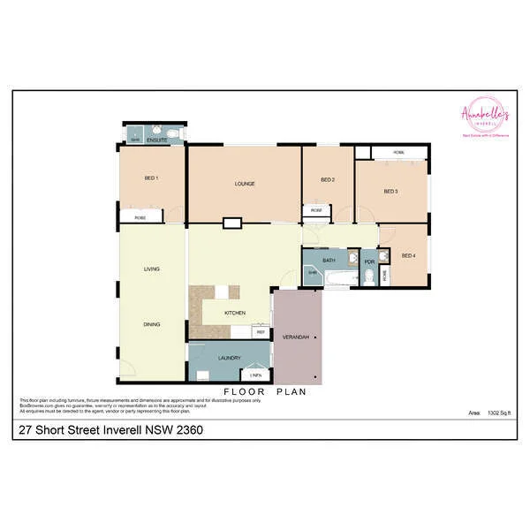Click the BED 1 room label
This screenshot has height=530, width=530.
[151, 178]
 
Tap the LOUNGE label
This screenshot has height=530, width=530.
[245, 184]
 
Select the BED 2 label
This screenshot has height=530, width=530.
[327, 180]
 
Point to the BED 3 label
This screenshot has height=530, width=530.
[390, 192]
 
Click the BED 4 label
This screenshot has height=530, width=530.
[407, 256]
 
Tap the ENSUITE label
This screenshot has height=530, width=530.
[157, 140]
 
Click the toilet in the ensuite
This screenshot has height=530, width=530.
[176, 133]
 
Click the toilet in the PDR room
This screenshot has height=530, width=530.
[368, 276]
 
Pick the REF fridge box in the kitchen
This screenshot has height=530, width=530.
[261, 332]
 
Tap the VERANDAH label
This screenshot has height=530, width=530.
[294, 338]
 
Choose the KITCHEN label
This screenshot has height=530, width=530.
[234, 314]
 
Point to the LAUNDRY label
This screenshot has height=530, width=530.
[229, 358]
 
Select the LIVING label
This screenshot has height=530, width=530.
[151, 269]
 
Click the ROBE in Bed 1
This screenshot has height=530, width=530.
[140, 217]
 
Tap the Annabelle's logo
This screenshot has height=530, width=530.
[485, 116]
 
